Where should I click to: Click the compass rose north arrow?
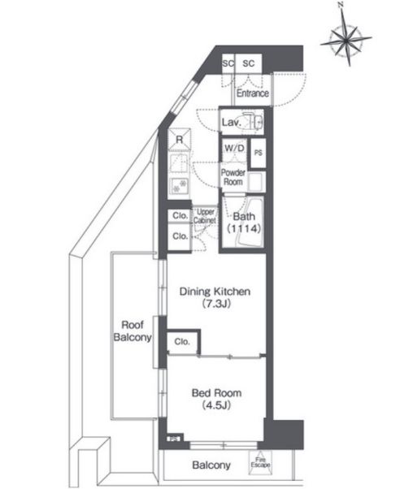(x=346, y=38)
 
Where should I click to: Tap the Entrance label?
(x=253, y=93)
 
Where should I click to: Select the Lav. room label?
(x=232, y=122)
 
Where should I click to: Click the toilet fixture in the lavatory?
(x=254, y=121)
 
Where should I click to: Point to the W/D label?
(x=234, y=148)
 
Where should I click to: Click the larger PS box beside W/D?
(x=259, y=153)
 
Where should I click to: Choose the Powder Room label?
(x=233, y=177)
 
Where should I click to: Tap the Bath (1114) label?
(x=244, y=223)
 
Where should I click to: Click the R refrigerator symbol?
(x=179, y=140)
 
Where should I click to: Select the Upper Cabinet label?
(x=205, y=216)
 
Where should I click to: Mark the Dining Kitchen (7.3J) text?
(x=215, y=297)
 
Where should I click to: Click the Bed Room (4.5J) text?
(x=216, y=399)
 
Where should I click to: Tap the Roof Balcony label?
(x=133, y=331)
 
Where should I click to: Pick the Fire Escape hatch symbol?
(x=260, y=462)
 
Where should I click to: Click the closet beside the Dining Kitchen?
(x=183, y=342)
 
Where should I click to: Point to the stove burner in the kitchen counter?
(x=179, y=185)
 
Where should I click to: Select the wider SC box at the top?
(x=249, y=63)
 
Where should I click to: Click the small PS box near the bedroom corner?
(x=174, y=439)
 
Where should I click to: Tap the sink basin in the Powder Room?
(x=257, y=181)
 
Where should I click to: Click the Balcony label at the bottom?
(x=211, y=465)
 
